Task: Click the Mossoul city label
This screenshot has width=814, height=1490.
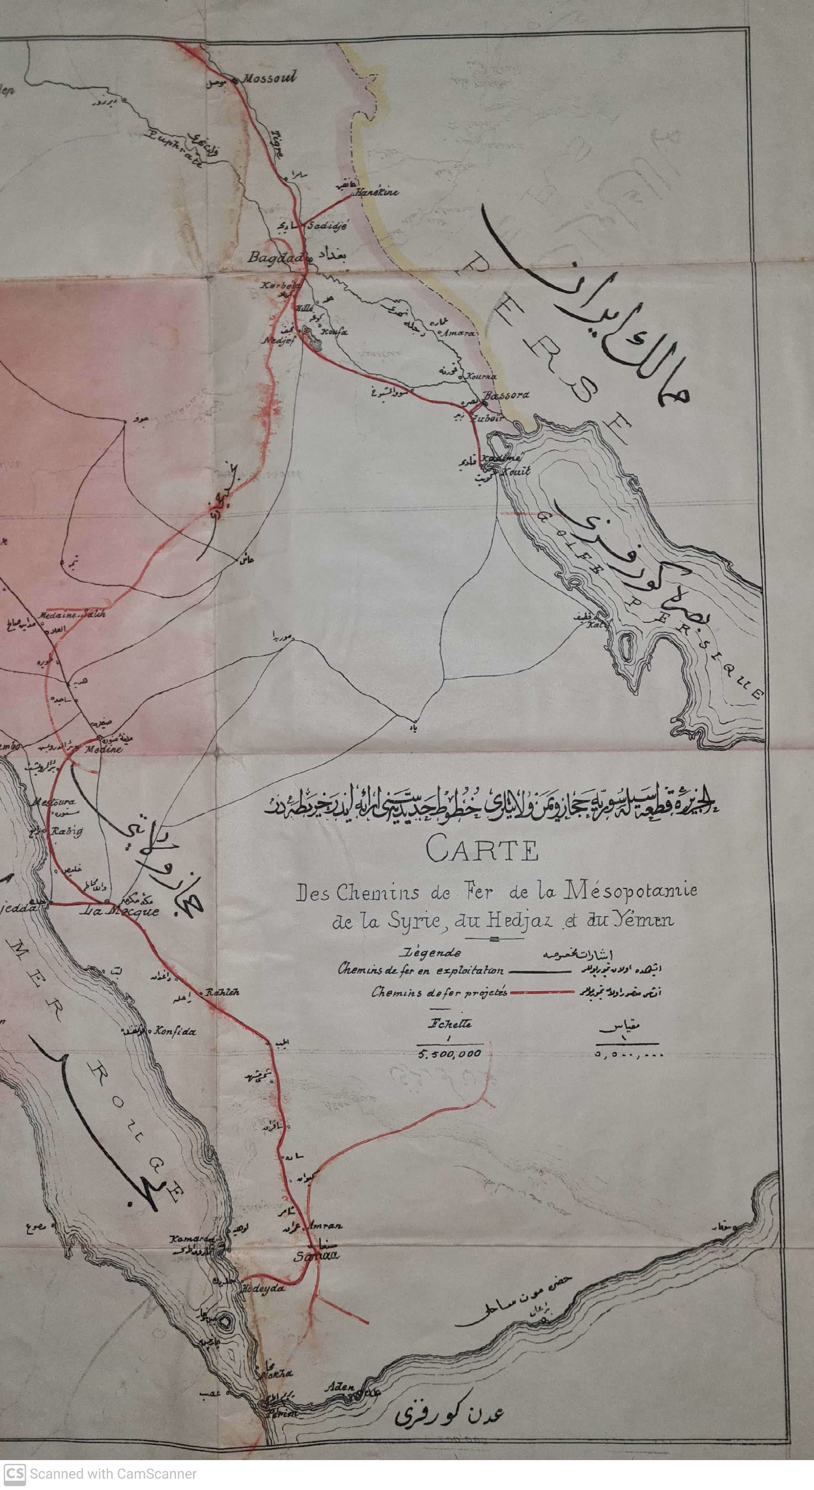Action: (268, 78)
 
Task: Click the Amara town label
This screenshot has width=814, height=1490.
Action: (458, 333)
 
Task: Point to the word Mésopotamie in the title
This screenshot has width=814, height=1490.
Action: (630, 891)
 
